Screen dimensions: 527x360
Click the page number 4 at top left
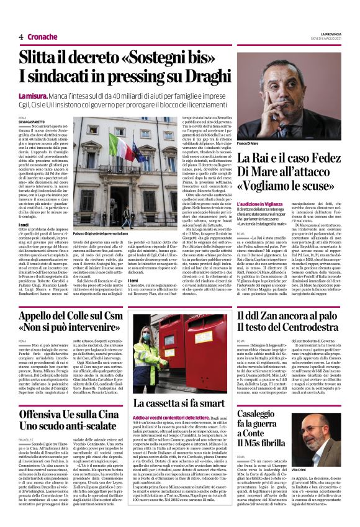pyautogui.click(x=21, y=37)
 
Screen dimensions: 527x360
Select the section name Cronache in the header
pyautogui.click(x=42, y=37)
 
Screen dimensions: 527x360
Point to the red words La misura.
pyautogui.click(x=32, y=97)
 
